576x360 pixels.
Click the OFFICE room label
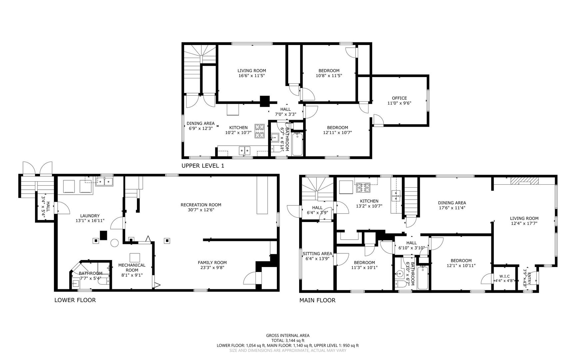[399, 98]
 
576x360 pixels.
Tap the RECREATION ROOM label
[201, 205]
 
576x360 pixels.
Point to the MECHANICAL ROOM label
[132, 268]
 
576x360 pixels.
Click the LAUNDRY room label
[90, 216]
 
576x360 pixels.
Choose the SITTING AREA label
[317, 254]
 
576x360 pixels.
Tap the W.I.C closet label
[504, 276]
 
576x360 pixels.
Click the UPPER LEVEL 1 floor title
[203, 166]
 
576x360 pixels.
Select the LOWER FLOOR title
[75, 300]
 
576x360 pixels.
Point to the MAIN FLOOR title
[317, 300]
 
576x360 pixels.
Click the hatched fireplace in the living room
[524, 181]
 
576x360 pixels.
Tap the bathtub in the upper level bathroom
[297, 144]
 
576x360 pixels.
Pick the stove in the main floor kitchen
[363, 188]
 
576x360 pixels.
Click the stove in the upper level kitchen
[260, 131]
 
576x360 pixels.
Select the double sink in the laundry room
[104, 181]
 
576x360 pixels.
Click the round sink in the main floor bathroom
[399, 275]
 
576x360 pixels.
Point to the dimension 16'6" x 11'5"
[252, 76]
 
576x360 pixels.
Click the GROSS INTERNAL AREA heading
[288, 336]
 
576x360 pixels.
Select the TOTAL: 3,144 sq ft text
[288, 341]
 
